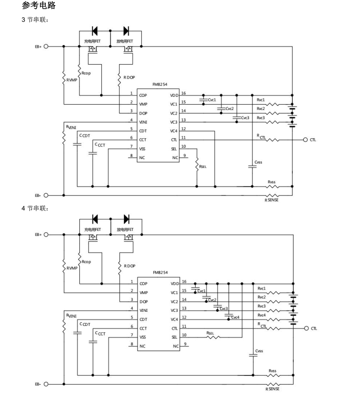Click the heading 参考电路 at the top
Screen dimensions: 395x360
click(39, 6)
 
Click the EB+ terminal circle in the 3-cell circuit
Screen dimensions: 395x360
click(46, 46)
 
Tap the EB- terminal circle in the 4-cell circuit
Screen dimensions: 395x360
click(46, 384)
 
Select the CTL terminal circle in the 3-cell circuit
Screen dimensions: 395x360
click(306, 140)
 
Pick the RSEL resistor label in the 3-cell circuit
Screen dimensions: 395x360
click(202, 167)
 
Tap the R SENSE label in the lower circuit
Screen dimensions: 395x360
click(272, 389)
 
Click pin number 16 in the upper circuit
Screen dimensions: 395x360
click(183, 93)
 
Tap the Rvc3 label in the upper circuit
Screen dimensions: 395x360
click(261, 118)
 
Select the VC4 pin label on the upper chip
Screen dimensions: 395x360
click(174, 131)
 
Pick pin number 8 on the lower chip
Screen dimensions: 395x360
click(131, 345)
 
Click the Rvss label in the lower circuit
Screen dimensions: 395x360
click(272, 371)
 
